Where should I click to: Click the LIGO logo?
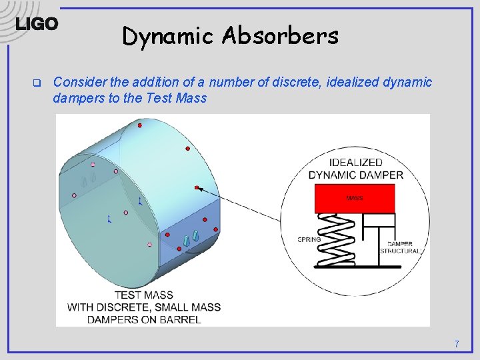click(37, 24)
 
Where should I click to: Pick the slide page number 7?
click(457, 344)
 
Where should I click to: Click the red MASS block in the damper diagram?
click(354, 198)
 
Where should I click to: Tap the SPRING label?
click(309, 239)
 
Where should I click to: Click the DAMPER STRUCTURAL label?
click(401, 248)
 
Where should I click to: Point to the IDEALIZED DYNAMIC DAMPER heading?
click(355, 169)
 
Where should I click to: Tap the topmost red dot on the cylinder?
click(139, 125)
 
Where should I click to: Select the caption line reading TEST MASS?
click(143, 295)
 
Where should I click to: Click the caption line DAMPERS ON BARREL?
click(143, 319)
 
